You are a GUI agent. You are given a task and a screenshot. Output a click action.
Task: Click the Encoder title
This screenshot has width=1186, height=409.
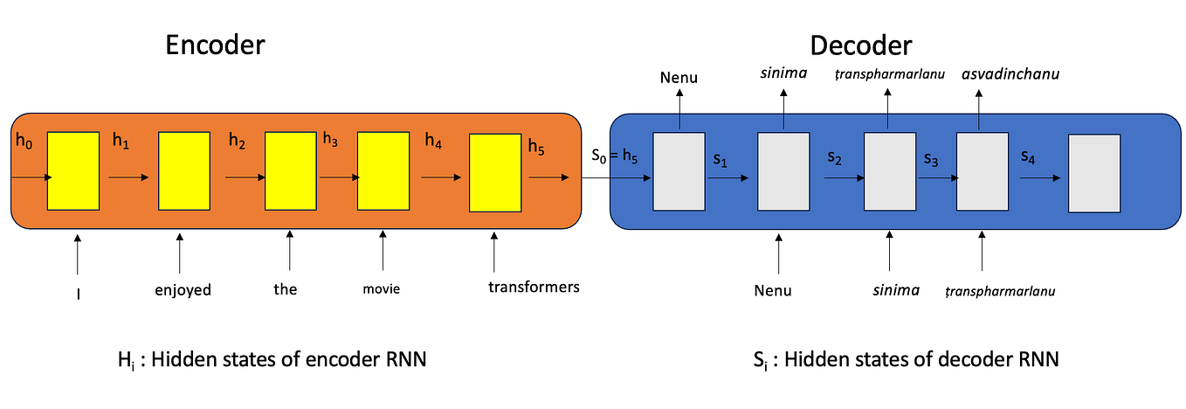click(x=216, y=46)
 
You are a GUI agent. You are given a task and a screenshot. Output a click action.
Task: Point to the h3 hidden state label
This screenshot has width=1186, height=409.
click(x=331, y=138)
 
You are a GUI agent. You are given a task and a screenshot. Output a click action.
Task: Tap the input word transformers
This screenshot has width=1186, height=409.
click(x=534, y=286)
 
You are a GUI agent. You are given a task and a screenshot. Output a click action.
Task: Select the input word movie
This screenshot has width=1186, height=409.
click(x=381, y=288)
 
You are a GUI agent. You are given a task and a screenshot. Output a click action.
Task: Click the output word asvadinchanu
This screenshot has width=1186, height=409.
click(x=1010, y=74)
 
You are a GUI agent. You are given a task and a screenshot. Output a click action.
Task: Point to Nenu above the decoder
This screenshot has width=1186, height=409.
click(x=679, y=79)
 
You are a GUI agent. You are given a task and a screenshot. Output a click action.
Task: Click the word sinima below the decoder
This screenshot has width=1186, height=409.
click(x=895, y=289)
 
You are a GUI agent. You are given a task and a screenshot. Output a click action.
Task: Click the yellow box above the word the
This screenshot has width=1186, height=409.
click(x=288, y=171)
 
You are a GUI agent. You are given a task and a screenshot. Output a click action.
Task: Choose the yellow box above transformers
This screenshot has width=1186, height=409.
click(x=495, y=172)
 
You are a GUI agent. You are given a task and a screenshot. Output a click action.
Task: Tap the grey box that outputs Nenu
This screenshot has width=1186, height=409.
click(x=679, y=171)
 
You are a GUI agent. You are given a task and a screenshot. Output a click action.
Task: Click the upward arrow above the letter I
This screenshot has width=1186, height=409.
click(x=78, y=253)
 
